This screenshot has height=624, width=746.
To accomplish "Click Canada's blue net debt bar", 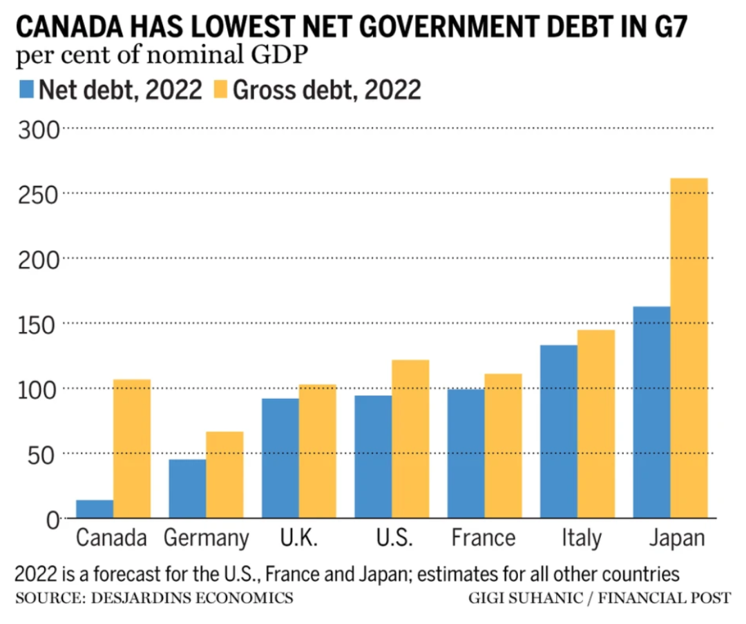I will (95, 509).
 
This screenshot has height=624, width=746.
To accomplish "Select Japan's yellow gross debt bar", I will (689, 348).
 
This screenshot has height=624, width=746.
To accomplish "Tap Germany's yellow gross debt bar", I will (224, 475).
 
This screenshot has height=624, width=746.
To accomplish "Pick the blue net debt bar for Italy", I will (559, 431).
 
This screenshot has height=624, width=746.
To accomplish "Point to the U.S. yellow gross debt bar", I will (410, 439).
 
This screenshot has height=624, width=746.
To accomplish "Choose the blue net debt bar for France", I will (466, 454).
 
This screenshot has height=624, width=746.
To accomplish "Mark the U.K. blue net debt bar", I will (280, 458).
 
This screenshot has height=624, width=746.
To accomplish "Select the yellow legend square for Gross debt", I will (220, 90).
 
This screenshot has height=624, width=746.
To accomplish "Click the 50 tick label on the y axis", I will (45, 454).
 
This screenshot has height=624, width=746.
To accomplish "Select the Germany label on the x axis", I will (205, 538).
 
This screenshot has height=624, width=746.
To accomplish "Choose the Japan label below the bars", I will (676, 538).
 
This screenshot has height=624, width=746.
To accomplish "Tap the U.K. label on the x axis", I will (298, 538).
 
